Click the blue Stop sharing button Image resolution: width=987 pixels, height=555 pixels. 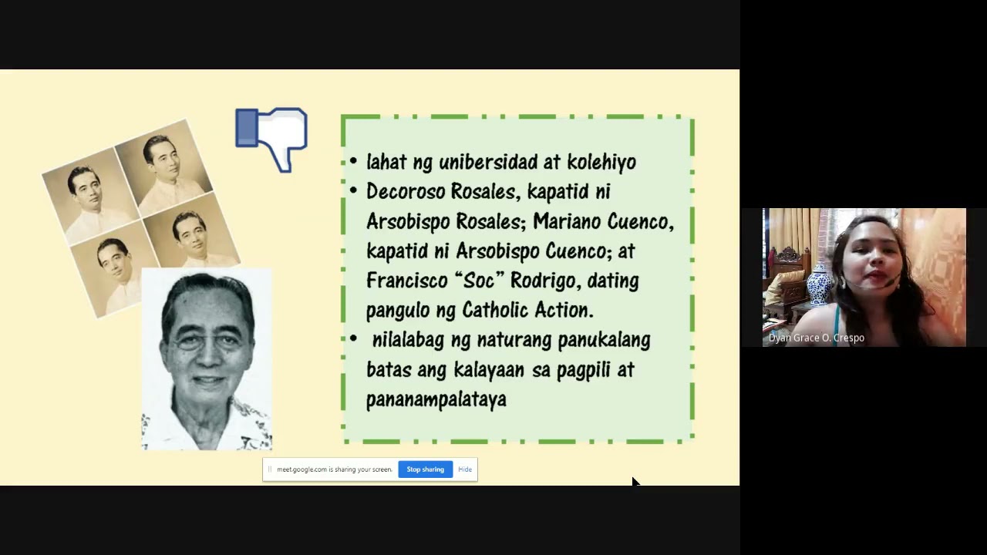(425, 469)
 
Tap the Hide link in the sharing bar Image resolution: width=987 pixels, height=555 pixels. (465, 469)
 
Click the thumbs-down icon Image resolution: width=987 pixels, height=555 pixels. (271, 139)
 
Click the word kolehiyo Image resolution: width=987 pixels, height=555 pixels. (601, 162)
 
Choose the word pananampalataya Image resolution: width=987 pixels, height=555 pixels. (436, 399)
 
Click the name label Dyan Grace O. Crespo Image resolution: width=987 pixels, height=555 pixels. (816, 338)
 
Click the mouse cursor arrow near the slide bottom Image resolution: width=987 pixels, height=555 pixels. (635, 482)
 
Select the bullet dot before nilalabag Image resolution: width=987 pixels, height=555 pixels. (353, 339)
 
